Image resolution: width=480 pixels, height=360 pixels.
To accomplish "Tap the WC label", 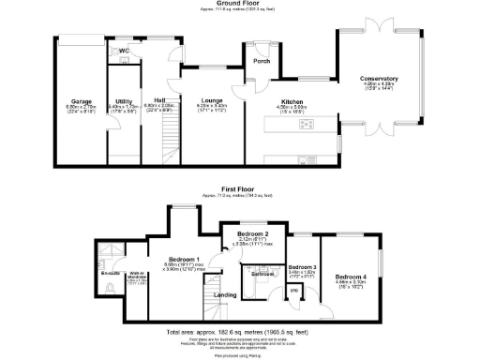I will click(x=123, y=51).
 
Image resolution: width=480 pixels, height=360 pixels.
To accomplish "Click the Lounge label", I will click(x=210, y=100).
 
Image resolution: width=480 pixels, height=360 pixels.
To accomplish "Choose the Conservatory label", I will click(x=380, y=79).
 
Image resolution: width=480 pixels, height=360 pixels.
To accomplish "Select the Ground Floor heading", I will click(x=233, y=4).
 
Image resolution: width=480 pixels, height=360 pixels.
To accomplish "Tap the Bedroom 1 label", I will click(x=184, y=259).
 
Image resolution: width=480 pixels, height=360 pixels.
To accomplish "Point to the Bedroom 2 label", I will click(x=253, y=233).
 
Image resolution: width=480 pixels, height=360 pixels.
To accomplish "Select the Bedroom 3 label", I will click(x=303, y=267).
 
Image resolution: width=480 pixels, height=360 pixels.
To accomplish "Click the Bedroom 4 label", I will click(x=351, y=277).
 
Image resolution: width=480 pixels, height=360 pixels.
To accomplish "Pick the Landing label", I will click(x=225, y=295).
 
